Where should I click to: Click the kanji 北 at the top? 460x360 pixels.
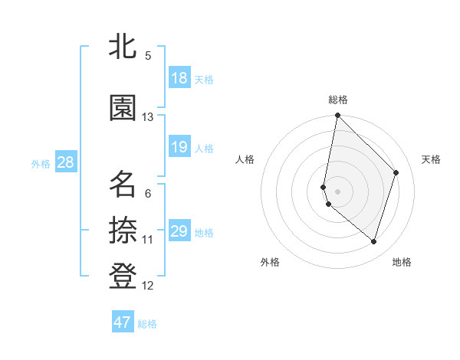(123, 46)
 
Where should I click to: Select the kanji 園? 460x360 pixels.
(123, 108)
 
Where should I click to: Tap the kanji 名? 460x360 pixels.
(123, 185)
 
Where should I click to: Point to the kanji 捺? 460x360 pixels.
(123, 231)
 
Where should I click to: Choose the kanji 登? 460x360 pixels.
(123, 277)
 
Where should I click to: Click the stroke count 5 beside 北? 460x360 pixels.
(148, 56)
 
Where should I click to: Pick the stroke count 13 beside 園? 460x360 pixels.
(148, 117)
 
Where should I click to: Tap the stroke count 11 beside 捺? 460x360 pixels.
(148, 240)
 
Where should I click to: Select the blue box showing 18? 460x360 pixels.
(179, 78)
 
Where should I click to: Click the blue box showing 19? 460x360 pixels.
(179, 147)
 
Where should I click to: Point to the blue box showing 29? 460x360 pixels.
(179, 231)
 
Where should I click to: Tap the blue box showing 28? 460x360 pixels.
(65, 162)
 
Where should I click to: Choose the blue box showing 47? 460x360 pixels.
(123, 322)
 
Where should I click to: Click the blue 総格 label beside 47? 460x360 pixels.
(147, 324)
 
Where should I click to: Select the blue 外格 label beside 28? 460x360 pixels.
(41, 163)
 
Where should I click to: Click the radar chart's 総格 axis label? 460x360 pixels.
(338, 100)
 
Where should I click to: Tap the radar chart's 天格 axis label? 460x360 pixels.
(431, 159)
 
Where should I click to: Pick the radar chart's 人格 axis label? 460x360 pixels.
(245, 159)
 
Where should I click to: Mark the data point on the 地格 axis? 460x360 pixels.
(373, 242)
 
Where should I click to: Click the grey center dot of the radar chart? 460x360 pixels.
(337, 191)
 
